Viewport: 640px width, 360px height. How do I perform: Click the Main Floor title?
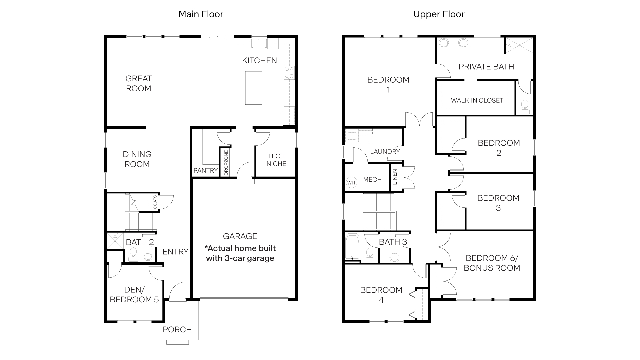coord(201,14)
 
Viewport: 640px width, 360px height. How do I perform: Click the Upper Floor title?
coord(439,14)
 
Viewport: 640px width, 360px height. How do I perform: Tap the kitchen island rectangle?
coord(253,88)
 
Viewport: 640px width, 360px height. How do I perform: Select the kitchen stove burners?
coord(289,73)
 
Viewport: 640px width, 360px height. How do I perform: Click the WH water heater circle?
coord(351,183)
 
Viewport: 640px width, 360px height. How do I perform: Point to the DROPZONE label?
coord(226,163)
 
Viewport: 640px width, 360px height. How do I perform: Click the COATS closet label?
coord(155,202)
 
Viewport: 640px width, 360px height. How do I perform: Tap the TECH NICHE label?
coord(276,160)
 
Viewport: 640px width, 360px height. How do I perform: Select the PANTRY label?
coord(205,170)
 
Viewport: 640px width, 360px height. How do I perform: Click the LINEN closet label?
coord(395,177)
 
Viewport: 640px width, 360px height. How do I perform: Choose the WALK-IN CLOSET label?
coord(477,100)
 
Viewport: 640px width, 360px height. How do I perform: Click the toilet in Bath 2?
coord(133,254)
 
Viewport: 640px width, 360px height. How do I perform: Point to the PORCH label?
coord(177,330)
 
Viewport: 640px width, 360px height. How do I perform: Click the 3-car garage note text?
coord(240,253)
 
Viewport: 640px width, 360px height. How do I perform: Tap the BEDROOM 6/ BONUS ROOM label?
coord(492,263)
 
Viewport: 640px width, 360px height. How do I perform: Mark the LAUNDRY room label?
coord(385,152)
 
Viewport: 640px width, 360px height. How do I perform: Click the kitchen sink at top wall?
coord(258,43)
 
